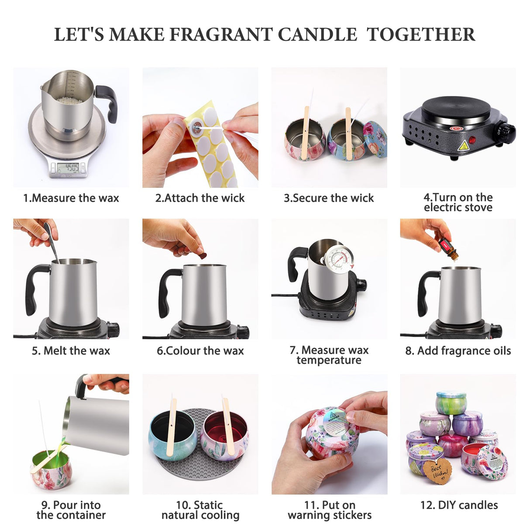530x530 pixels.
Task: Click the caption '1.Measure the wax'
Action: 71,198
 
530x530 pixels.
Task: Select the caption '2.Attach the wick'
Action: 200,198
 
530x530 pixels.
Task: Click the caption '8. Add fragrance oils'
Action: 458,351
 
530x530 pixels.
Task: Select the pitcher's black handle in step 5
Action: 34,288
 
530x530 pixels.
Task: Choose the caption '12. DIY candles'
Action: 459,505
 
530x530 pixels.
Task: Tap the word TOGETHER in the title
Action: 420,34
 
